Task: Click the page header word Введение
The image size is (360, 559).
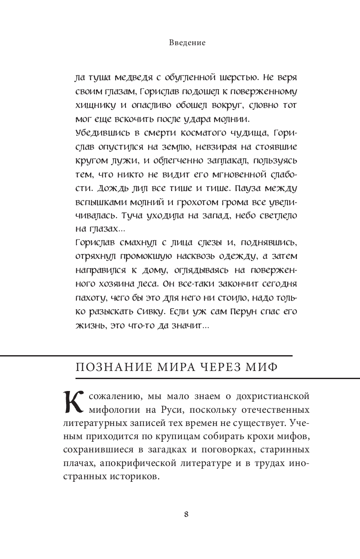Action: click(x=187, y=43)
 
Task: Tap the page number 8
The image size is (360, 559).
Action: click(x=186, y=514)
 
